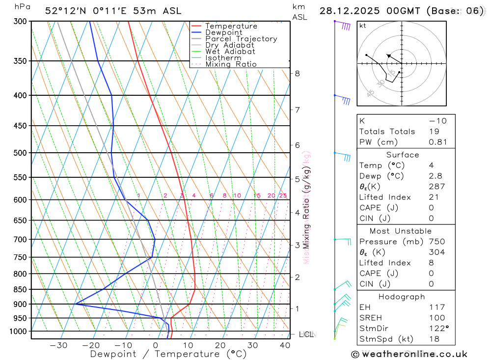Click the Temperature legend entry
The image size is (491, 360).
[x=231, y=26]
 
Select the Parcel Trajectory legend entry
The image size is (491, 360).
[x=241, y=39]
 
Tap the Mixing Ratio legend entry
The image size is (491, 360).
[x=231, y=64]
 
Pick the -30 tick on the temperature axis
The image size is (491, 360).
[x=58, y=345]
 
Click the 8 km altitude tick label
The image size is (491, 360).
[x=297, y=74]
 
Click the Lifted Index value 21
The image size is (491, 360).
[x=433, y=197]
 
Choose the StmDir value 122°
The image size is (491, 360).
[x=438, y=329]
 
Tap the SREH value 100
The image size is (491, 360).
[x=436, y=318]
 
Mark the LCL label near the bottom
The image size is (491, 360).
[x=306, y=334]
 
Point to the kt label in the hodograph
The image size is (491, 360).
[x=362, y=26]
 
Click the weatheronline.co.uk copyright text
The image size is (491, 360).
[x=409, y=354]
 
